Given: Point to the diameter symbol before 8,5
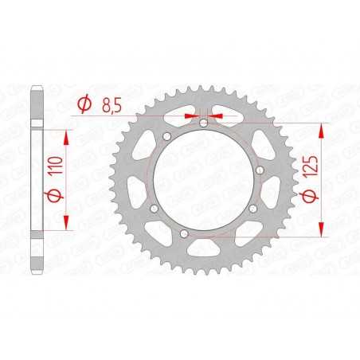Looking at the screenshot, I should tap(83, 104).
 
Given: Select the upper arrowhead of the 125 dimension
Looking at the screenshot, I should tap(322, 128).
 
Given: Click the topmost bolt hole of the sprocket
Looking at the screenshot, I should tap(202, 123).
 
